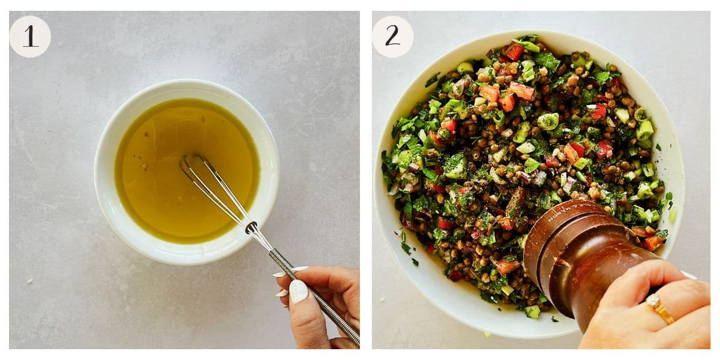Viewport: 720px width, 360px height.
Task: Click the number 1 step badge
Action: pos(30,37)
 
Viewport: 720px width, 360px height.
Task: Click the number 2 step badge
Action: pos(392,37)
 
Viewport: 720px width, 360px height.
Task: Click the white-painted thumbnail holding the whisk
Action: pos(298,291)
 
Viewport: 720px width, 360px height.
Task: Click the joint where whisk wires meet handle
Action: pos(251,227)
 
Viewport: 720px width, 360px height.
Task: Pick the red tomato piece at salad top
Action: pos(514,52)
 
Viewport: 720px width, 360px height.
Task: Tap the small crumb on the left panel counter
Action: pos(29,280)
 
